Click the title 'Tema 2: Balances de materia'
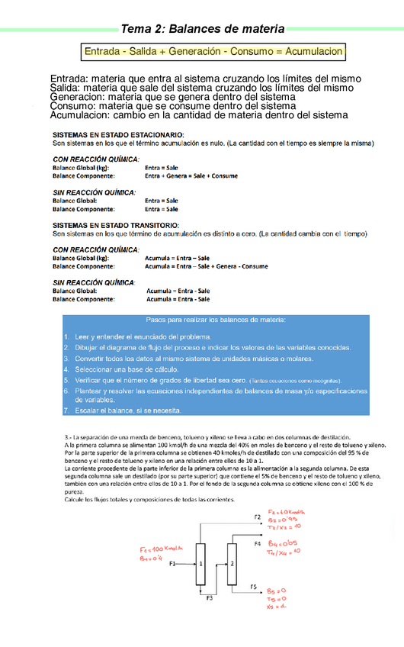[203, 29]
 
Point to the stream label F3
[210, 598]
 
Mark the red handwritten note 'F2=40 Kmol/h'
[287, 513]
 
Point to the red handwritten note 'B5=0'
[276, 591]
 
